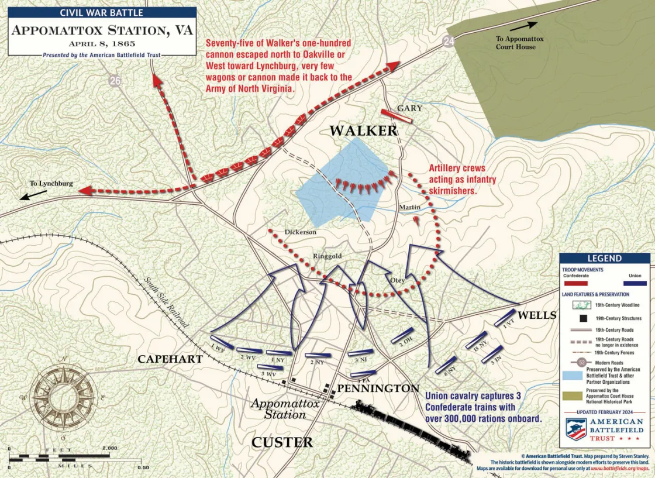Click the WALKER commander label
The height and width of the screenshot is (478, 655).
[363, 130]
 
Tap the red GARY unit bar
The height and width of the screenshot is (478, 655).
[397, 116]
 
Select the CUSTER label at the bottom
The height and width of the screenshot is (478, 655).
[282, 442]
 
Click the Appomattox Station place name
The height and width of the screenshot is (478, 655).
[285, 409]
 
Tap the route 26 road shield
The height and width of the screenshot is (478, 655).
[115, 81]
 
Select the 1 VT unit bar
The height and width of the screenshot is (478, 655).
[506, 318]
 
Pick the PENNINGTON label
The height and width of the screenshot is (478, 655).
[378, 388]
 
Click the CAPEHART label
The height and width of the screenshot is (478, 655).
[170, 359]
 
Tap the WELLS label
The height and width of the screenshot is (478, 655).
[537, 315]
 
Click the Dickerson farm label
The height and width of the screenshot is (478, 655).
[301, 232]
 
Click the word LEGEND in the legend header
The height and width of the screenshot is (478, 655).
[604, 259]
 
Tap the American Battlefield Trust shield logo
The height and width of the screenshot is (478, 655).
[576, 429]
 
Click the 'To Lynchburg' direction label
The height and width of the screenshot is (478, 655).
[51, 184]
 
